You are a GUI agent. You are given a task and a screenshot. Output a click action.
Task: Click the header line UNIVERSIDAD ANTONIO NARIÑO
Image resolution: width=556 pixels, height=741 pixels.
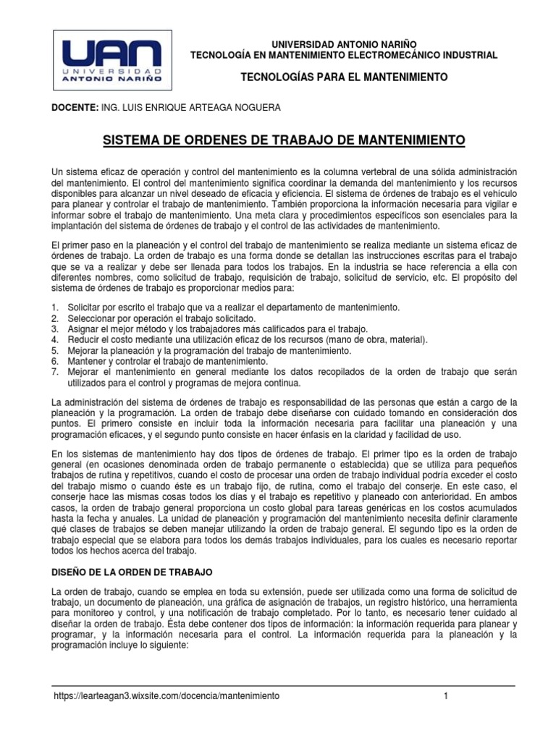click(x=343, y=45)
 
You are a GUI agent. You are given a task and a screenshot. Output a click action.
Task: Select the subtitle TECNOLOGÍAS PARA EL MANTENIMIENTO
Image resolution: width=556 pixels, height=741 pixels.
click(x=343, y=77)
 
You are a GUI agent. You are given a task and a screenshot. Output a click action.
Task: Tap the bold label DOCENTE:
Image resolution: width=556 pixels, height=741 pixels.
click(x=75, y=108)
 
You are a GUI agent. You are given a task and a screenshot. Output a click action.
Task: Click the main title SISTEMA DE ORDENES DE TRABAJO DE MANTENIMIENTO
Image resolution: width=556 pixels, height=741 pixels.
click(x=283, y=139)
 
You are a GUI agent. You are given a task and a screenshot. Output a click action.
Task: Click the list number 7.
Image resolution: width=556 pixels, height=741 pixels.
click(x=54, y=372)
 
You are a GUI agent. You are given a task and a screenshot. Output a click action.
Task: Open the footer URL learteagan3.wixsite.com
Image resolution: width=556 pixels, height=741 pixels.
click(x=167, y=695)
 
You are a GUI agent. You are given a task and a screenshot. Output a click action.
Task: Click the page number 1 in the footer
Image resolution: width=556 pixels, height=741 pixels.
click(x=447, y=695)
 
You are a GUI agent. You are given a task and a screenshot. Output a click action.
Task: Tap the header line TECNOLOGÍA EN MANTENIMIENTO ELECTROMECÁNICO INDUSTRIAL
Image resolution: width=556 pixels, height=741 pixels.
click(x=343, y=55)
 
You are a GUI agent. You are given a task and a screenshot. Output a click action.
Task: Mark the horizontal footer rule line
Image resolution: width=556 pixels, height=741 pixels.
click(x=283, y=685)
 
